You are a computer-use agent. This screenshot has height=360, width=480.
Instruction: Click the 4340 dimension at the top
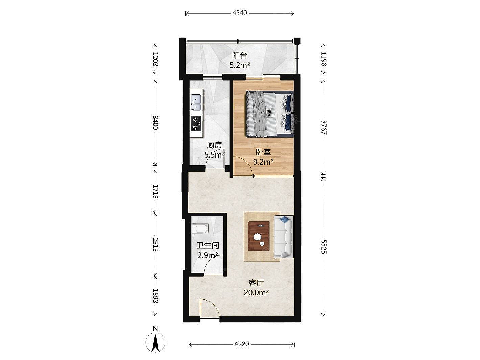click(x=240, y=13)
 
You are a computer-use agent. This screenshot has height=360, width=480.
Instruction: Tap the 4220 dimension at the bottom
click(x=242, y=344)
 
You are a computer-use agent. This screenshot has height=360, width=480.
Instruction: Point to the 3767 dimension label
click(x=323, y=127)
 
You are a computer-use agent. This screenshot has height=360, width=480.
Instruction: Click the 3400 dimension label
click(x=155, y=123)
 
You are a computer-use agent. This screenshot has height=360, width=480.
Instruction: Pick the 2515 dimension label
click(x=155, y=245)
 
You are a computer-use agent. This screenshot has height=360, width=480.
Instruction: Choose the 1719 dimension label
click(x=155, y=191)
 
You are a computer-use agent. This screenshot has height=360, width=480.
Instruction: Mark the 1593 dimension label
click(x=155, y=296)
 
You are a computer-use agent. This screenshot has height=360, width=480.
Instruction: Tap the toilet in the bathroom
click(x=200, y=229)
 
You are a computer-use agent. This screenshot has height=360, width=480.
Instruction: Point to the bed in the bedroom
click(x=270, y=114)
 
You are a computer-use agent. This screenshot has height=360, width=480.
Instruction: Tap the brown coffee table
click(x=259, y=236)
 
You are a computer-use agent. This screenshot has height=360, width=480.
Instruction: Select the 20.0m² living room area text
click(x=256, y=292)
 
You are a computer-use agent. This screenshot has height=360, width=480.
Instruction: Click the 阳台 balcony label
click(x=240, y=55)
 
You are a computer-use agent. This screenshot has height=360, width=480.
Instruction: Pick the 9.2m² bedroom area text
click(x=263, y=162)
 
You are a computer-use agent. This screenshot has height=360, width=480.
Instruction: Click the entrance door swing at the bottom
click(x=56, y=309)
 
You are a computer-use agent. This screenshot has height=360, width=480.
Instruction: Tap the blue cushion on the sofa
click(x=285, y=219)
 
